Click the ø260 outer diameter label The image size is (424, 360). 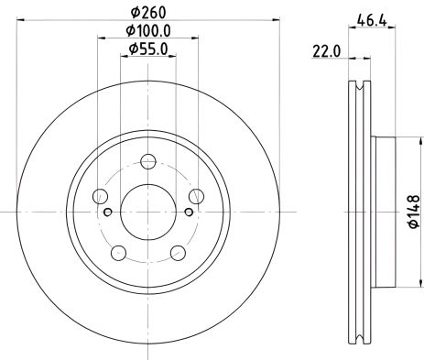147,14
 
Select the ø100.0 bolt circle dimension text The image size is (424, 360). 147,33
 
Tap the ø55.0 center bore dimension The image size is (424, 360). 147,52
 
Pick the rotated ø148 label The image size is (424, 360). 413,210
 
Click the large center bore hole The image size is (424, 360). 147,211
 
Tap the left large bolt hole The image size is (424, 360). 101,196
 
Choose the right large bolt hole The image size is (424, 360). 193,196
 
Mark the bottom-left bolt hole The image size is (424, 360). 118,252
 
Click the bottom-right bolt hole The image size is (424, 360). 176,252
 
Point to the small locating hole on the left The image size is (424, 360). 108,213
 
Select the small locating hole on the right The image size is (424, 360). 186,213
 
